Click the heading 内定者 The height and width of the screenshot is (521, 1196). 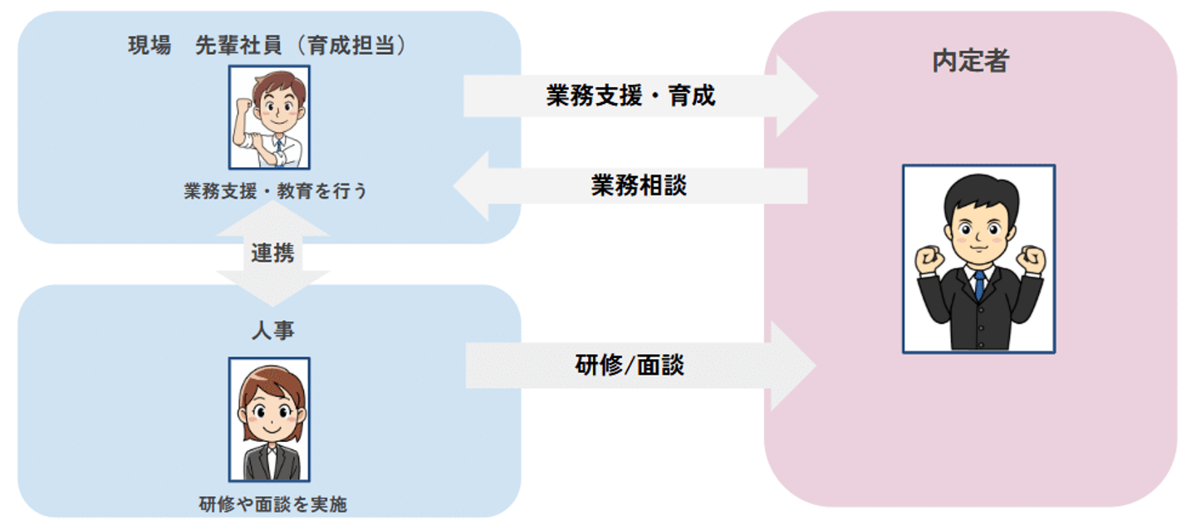970,61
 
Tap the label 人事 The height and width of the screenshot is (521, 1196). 272,330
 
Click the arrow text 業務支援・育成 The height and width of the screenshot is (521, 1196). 630,96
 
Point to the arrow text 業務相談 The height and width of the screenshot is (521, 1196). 639,185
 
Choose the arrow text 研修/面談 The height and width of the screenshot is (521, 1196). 630,365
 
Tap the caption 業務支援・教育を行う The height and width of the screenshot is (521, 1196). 275,191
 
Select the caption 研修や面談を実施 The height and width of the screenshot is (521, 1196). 272,504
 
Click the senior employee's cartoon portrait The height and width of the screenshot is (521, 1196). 269,117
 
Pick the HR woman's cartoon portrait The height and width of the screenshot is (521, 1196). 269,419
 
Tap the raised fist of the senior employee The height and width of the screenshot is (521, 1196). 243,106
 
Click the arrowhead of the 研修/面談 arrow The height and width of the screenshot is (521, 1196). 793,366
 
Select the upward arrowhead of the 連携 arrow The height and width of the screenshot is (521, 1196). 272,219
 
